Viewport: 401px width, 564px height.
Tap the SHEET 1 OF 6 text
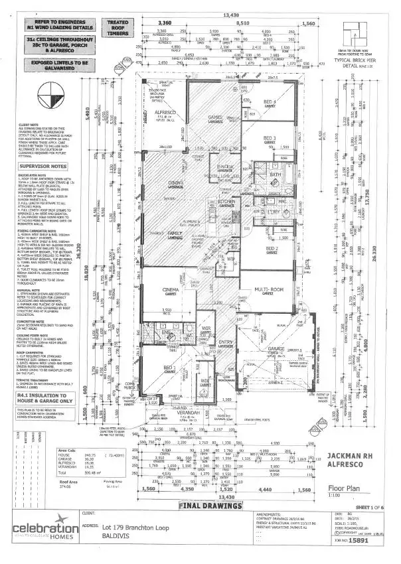(368, 485)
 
